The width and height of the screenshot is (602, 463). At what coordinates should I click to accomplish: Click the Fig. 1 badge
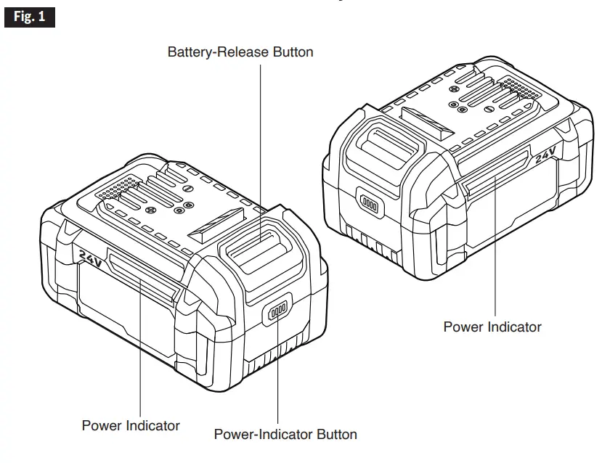point(30,17)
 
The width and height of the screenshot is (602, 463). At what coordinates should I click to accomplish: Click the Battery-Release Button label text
point(240,52)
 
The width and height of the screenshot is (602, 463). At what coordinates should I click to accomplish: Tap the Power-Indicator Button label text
point(285,435)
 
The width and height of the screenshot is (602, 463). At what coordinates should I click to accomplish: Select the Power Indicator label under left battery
point(131,425)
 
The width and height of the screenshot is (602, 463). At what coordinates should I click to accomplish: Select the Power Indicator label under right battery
point(492,327)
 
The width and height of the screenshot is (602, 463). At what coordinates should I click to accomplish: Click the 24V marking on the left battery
point(90,256)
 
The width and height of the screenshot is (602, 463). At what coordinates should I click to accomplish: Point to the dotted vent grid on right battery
point(526,93)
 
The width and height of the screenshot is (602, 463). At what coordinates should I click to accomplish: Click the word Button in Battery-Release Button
point(293,52)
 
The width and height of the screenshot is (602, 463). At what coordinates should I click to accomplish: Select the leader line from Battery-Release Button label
point(259,145)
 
